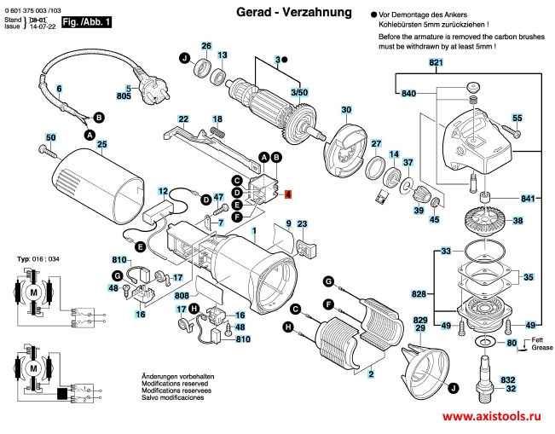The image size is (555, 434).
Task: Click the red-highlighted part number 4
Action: tap(288, 194)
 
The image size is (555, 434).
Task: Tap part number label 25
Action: tap(101, 144)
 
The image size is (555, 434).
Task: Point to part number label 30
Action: tap(346, 110)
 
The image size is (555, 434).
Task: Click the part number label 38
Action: tap(517, 222)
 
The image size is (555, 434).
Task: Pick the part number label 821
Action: tap(436, 64)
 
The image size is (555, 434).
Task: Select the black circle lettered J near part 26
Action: tap(183, 58)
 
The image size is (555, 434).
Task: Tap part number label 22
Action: tap(183, 119)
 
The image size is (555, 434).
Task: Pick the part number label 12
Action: tap(163, 182)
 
